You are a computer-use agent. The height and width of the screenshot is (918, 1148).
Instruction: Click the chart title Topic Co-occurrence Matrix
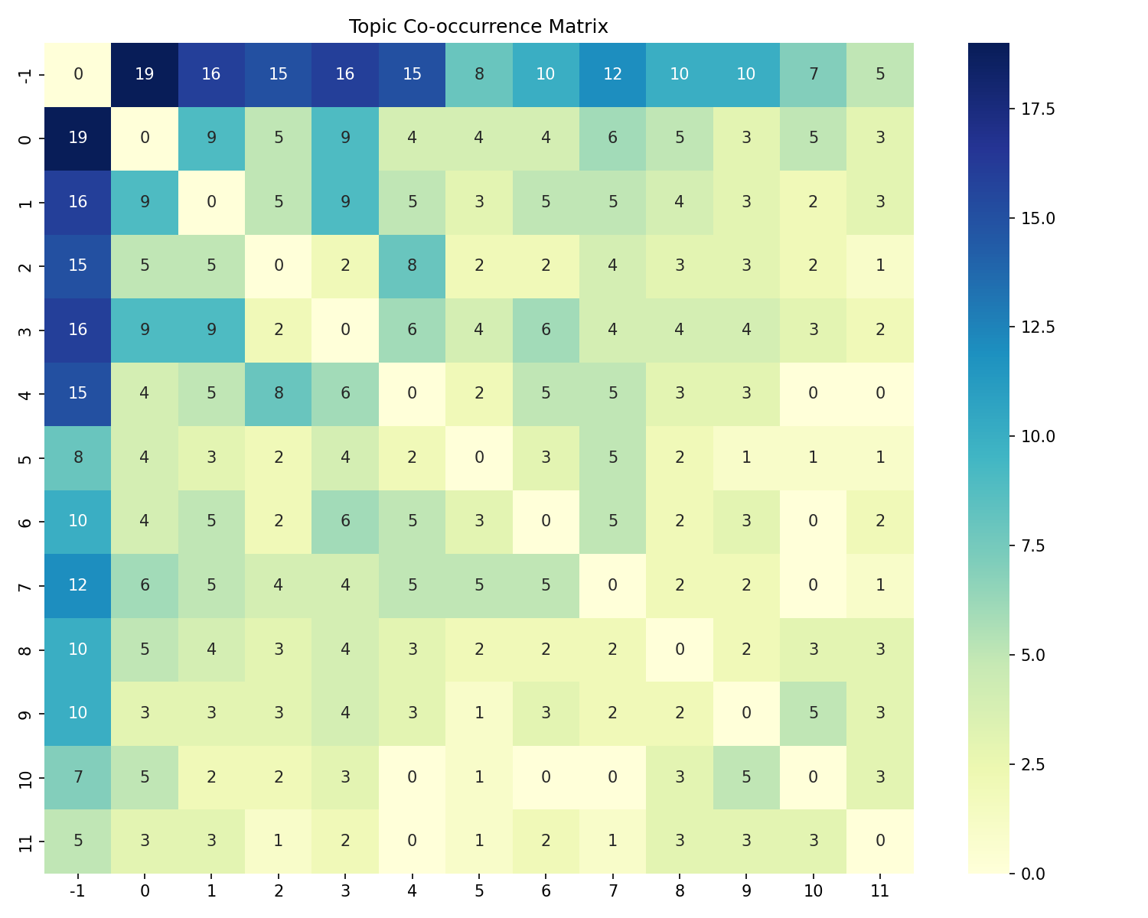tap(478, 27)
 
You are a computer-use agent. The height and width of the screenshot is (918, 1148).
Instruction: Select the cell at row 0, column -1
tap(78, 138)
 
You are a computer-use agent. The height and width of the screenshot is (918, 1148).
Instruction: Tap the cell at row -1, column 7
tap(612, 74)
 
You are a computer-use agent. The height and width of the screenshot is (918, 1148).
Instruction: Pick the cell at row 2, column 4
tap(412, 265)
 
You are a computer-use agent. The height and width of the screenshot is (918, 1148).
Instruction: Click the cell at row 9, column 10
tap(813, 713)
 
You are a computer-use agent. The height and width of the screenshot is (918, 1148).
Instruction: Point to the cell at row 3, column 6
tap(546, 330)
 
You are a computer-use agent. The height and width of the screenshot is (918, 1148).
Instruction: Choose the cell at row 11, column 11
tap(880, 841)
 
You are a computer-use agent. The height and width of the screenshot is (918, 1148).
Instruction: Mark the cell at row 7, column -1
tap(78, 585)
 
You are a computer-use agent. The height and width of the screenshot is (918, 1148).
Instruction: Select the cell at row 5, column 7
tap(612, 457)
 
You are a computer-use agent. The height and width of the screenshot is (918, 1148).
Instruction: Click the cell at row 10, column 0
tap(145, 776)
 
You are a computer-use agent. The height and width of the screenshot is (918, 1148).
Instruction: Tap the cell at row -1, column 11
tap(880, 74)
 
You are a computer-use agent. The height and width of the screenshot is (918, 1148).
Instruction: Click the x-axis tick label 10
tap(813, 890)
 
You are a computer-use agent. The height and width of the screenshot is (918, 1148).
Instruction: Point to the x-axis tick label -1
tap(78, 890)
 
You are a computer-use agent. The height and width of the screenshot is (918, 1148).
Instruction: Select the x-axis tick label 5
tap(479, 890)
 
